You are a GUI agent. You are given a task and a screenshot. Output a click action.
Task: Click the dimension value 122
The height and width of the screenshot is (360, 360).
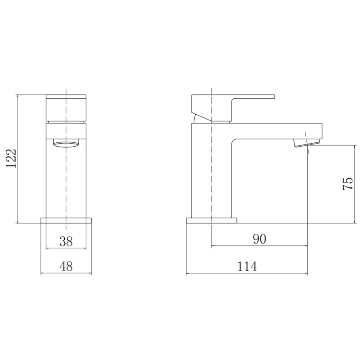pyautogui.click(x=12, y=158)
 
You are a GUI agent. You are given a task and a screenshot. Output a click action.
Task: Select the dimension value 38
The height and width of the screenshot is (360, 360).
pyautogui.click(x=66, y=241)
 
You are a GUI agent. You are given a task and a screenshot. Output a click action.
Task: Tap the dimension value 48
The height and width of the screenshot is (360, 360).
pyautogui.click(x=66, y=266)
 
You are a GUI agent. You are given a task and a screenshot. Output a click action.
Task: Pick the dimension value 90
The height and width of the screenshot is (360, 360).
pyautogui.click(x=259, y=239)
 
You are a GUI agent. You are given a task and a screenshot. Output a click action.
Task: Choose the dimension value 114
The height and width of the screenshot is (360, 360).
pyautogui.click(x=247, y=266)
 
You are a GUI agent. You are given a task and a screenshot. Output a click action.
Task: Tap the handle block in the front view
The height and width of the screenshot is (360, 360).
pyautogui.click(x=66, y=108)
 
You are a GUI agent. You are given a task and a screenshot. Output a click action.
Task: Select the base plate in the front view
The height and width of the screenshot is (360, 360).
pyautogui.click(x=66, y=220)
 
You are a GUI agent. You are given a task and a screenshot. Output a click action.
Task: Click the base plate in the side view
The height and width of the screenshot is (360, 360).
pyautogui.click(x=212, y=220)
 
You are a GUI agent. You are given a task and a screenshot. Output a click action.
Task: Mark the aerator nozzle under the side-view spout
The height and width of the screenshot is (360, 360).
pyautogui.click(x=307, y=142)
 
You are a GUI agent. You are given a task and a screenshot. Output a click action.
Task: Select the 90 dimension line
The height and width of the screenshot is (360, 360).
pyautogui.click(x=259, y=246)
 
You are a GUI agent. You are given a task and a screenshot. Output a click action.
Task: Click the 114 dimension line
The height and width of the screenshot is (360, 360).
pyautogui.click(x=247, y=274)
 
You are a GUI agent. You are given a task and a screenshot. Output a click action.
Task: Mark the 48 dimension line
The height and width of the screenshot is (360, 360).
pyautogui.click(x=66, y=274)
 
